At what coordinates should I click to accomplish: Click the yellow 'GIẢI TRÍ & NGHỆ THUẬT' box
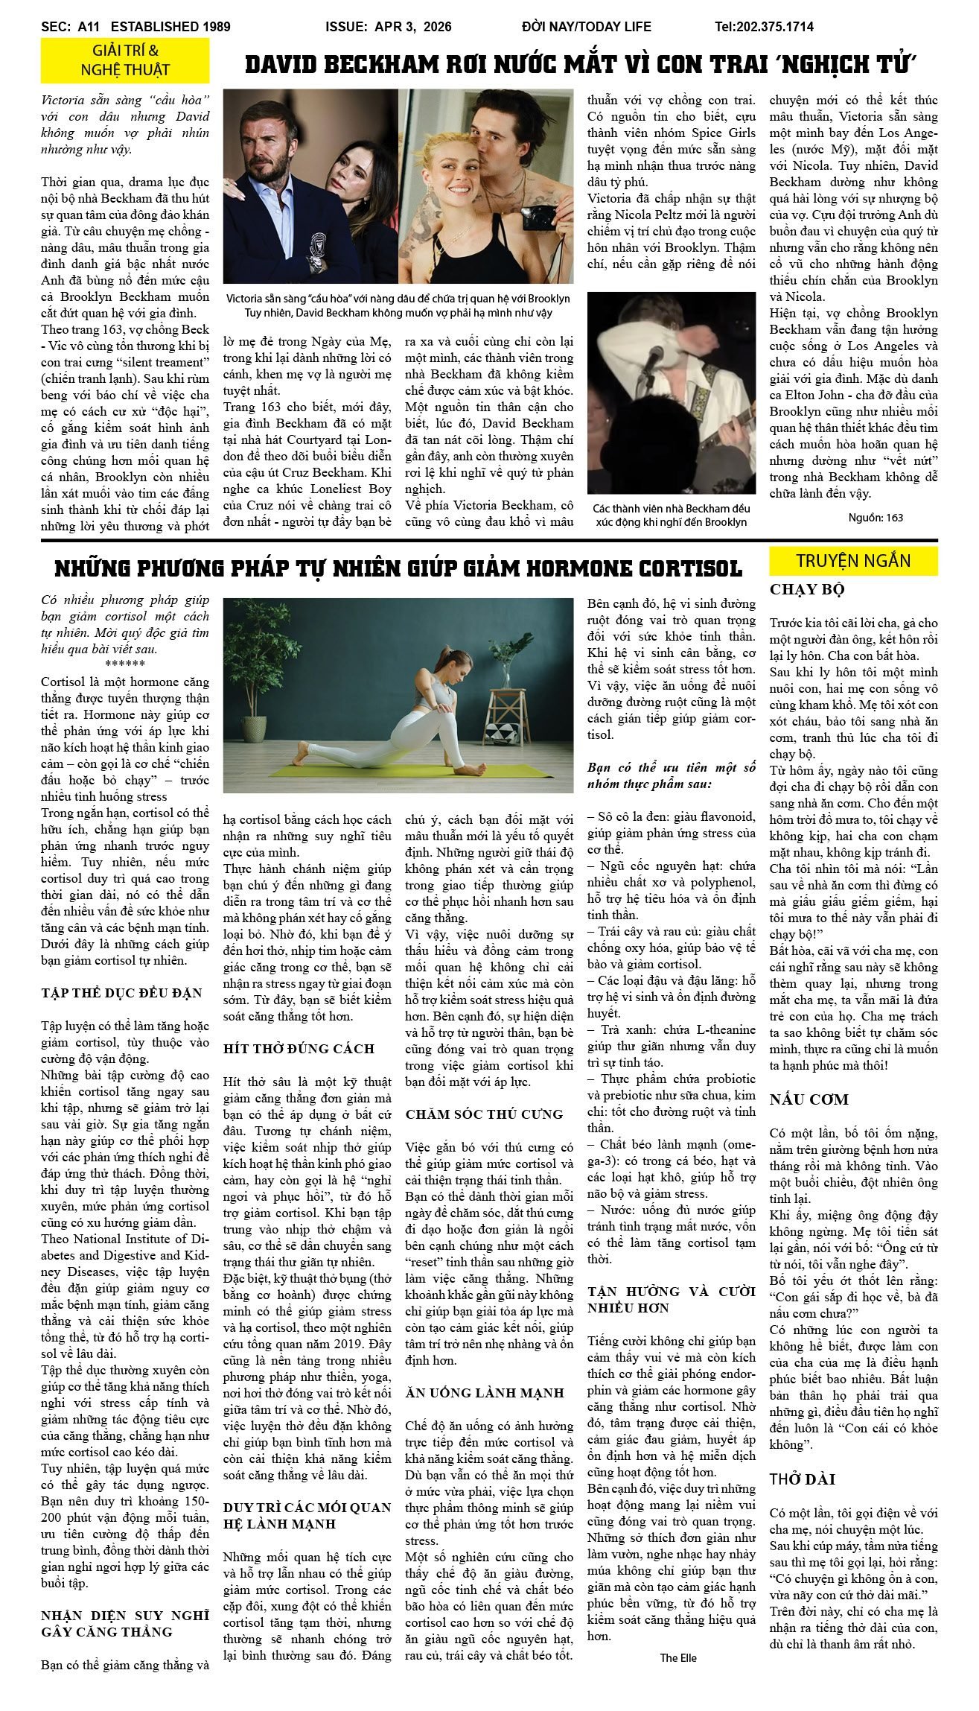tap(125, 60)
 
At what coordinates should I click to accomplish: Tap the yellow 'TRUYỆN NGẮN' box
tap(852, 561)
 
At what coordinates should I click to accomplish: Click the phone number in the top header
tap(764, 27)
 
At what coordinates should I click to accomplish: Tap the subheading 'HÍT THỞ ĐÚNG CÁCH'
tap(299, 1048)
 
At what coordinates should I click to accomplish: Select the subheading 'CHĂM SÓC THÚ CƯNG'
tap(484, 1114)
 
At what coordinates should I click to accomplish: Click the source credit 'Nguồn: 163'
tap(876, 518)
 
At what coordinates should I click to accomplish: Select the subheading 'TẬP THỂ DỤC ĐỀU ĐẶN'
tap(121, 993)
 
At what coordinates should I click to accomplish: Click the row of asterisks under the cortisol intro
tap(125, 664)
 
